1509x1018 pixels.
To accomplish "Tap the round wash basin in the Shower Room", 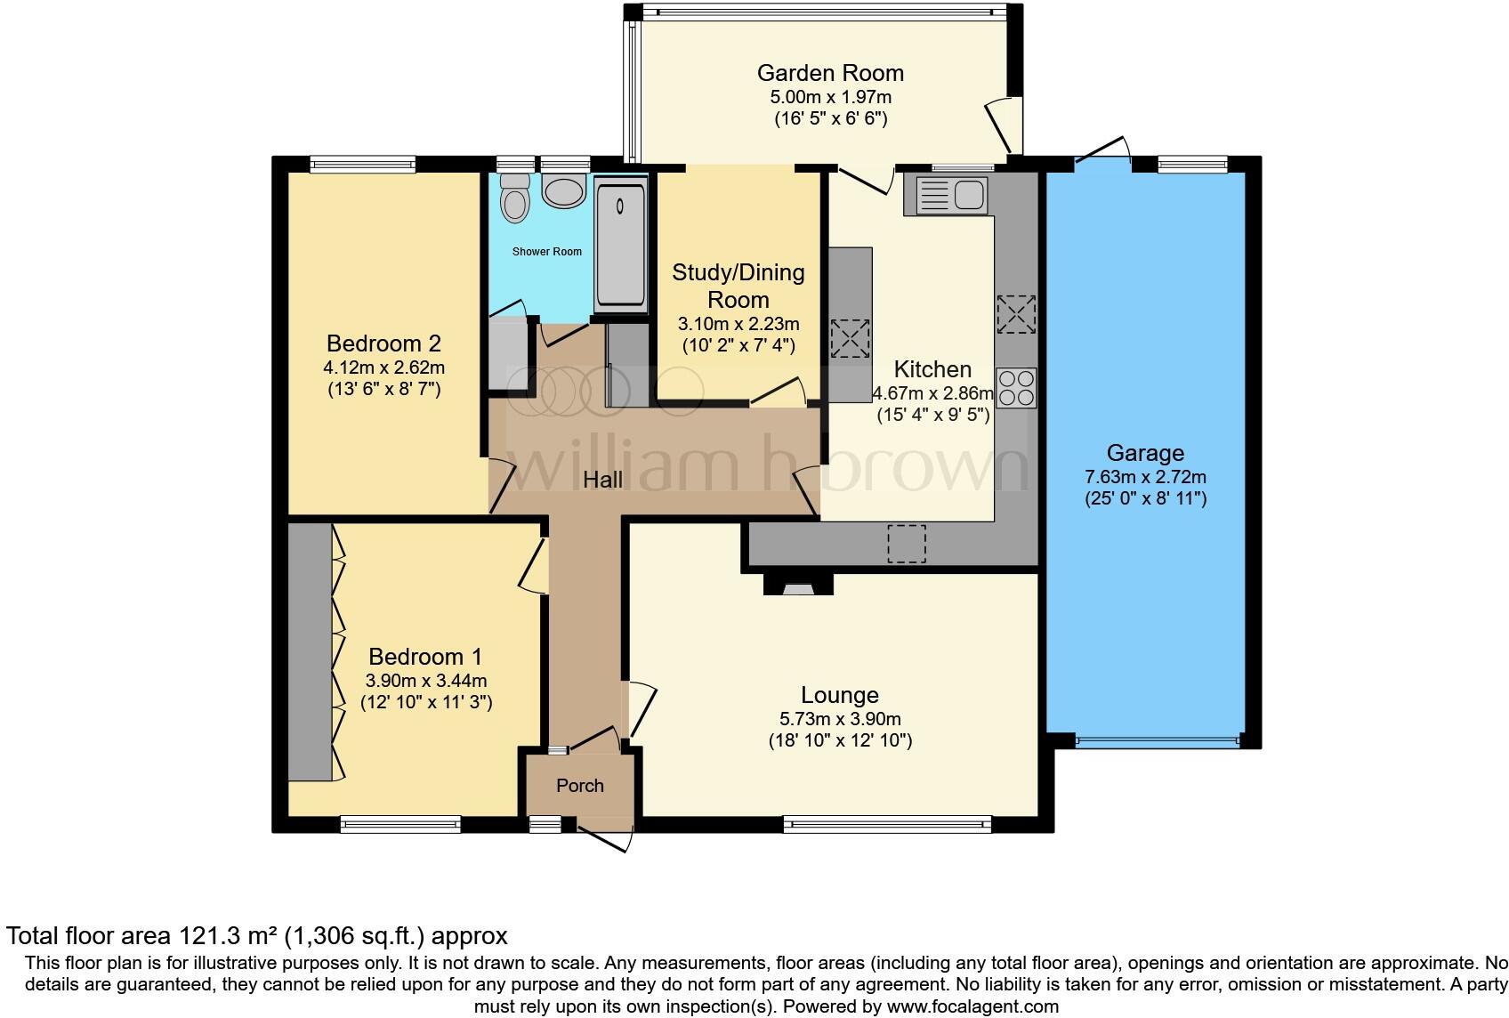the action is (564, 191).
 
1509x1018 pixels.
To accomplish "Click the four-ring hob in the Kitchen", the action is (1017, 388).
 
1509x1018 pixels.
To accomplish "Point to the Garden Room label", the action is (830, 73).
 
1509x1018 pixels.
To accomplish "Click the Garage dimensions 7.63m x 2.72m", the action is (1145, 477).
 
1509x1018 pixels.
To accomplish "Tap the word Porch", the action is (580, 786).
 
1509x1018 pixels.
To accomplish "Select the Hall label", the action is (603, 480).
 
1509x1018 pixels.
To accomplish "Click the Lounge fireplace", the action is (798, 584).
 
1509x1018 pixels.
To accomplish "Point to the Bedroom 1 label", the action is (426, 656).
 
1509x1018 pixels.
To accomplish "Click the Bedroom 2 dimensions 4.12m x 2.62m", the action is (384, 368).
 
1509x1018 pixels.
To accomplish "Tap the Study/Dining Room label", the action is (738, 286).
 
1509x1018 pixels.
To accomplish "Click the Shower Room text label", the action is (547, 251).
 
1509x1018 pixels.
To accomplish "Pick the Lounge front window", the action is (887, 824).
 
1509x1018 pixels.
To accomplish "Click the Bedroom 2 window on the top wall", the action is (363, 164).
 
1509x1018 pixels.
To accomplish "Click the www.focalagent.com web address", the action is (972, 1006).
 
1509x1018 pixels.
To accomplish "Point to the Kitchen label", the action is (932, 369).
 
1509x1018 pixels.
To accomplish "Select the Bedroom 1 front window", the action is (400, 824).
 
